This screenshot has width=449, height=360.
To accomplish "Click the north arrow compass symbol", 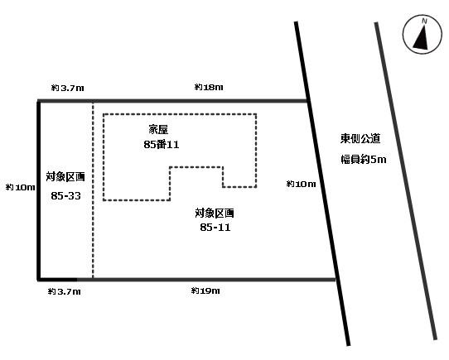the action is [422, 35].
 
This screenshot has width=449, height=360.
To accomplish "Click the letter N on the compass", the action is [424, 22].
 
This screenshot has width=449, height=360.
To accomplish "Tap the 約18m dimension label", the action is [209, 87].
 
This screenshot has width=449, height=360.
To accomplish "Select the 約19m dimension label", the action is [205, 290].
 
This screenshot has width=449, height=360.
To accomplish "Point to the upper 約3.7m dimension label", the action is [68, 88].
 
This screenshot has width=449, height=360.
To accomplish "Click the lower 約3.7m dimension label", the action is [65, 291].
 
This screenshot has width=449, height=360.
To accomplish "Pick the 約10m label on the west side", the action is [21, 187].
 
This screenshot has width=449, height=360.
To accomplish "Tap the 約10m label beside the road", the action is [301, 184].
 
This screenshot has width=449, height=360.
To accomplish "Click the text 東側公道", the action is [360, 138].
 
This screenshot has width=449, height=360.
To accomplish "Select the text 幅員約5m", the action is [364, 160].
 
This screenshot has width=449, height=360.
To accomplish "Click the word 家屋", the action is [158, 130].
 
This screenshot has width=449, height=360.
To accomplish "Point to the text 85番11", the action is [162, 145].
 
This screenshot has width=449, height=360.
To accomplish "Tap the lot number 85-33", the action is [66, 196].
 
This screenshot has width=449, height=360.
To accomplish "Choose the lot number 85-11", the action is [215, 228].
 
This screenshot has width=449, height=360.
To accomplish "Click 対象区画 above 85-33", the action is [65, 177].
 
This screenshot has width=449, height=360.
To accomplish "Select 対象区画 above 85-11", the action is [215, 213].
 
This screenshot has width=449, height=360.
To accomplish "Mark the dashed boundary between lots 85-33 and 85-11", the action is [93, 190].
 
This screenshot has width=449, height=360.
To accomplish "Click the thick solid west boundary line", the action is [39, 190].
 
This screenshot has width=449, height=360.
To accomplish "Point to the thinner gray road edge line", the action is [406, 181].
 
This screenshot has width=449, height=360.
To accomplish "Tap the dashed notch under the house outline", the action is [196, 167].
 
